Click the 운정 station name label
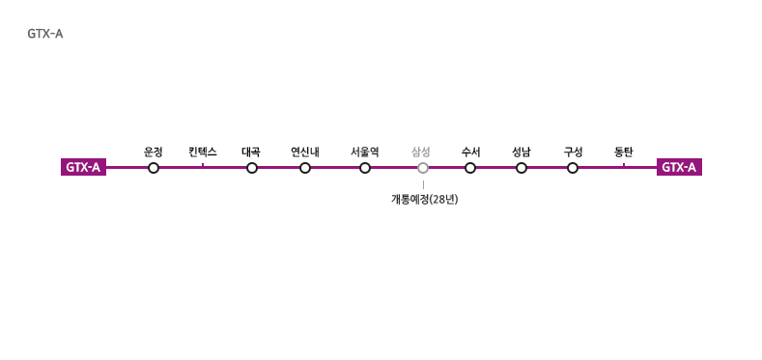click(x=154, y=152)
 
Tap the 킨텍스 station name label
click(x=203, y=152)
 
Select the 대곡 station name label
click(x=251, y=152)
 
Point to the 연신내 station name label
click(x=305, y=152)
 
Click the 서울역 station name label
click(x=365, y=152)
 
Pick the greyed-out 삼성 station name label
click(x=421, y=152)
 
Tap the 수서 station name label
click(x=471, y=152)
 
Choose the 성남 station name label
click(x=522, y=152)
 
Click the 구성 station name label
click(x=573, y=152)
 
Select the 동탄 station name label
click(x=624, y=152)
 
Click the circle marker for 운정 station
click(x=154, y=168)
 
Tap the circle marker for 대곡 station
click(x=252, y=168)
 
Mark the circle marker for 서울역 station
click(x=365, y=168)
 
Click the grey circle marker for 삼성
click(x=423, y=168)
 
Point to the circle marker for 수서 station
click(x=470, y=168)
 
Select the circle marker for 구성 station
click(x=573, y=168)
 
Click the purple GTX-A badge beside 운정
click(x=84, y=167)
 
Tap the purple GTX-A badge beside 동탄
click(x=679, y=167)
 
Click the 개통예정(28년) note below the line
click(x=425, y=200)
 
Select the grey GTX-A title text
click(x=45, y=35)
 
